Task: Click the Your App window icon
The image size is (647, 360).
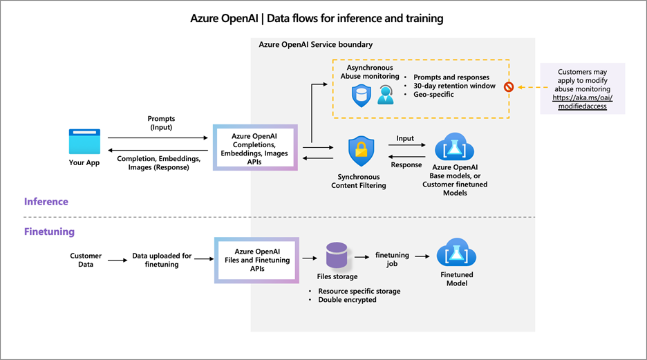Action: coord(84,142)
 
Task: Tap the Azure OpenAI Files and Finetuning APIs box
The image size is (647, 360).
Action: coord(256,260)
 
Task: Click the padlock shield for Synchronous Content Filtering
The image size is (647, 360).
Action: coord(360,151)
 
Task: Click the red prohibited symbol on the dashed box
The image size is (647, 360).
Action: coord(509,87)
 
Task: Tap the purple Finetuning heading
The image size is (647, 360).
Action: coord(49,232)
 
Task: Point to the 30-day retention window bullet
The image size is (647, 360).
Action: coord(454,86)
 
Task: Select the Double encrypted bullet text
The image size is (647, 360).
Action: coord(347,300)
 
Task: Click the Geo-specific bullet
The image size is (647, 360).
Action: coord(434,95)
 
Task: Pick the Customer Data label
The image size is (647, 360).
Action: coord(86,260)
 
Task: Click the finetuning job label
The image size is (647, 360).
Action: coord(392,260)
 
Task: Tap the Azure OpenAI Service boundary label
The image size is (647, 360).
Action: coord(315,44)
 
